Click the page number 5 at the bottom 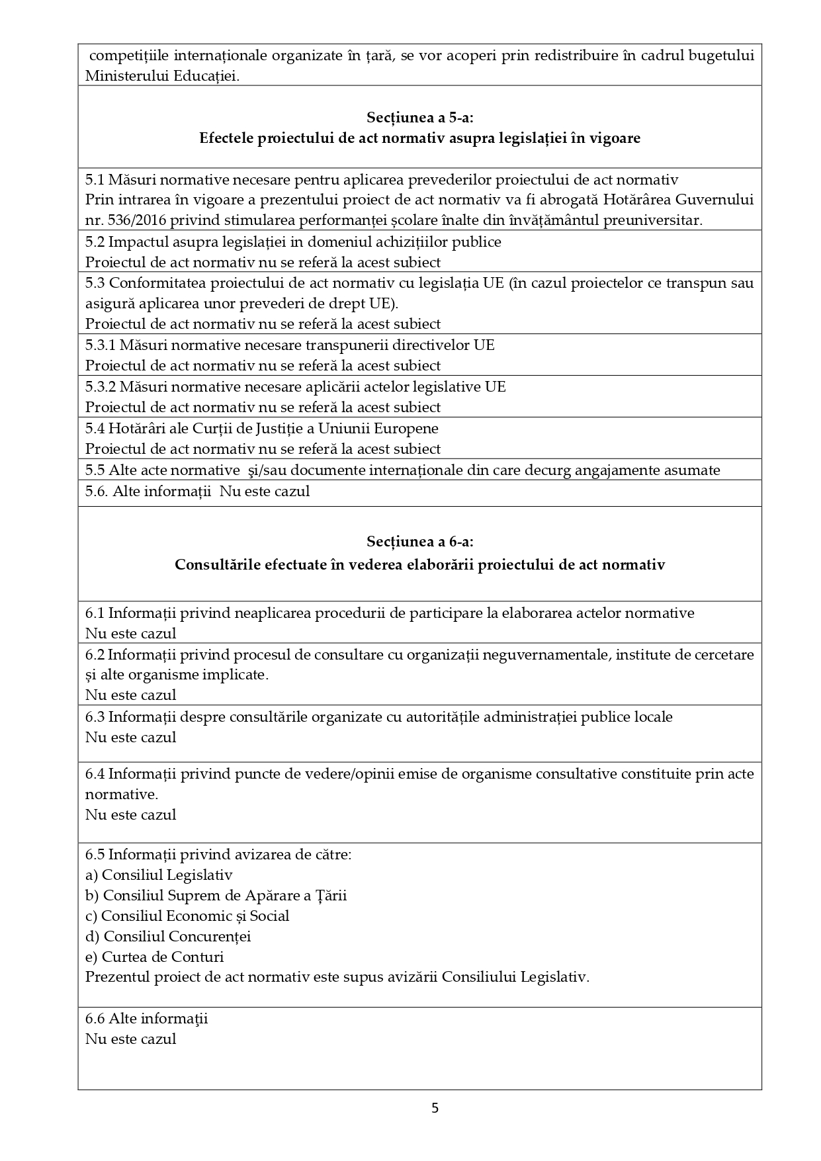435,1108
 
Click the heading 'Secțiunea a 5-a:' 419,118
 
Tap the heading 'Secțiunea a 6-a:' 419,542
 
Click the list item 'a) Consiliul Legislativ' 159,875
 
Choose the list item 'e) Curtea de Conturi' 154,957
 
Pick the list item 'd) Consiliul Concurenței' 168,936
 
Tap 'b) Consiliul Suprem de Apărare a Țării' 216,895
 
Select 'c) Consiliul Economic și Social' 187,916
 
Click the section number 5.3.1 101,345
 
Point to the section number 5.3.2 101,386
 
